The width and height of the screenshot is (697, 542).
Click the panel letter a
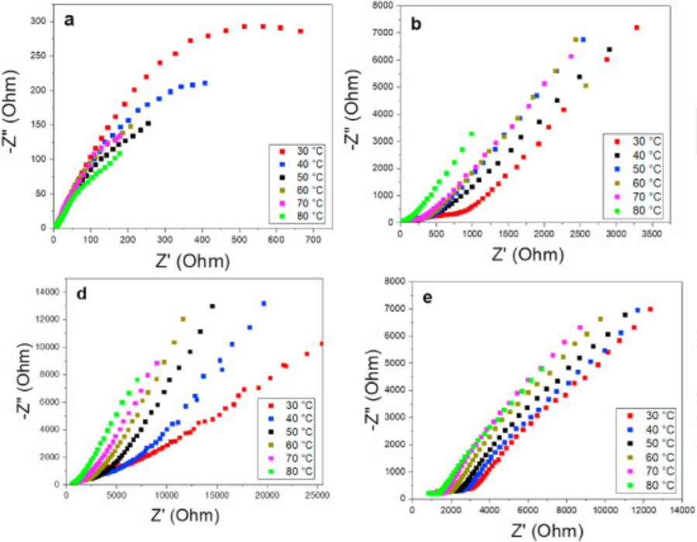point(69,22)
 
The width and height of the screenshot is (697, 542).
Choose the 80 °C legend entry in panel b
point(640,210)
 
